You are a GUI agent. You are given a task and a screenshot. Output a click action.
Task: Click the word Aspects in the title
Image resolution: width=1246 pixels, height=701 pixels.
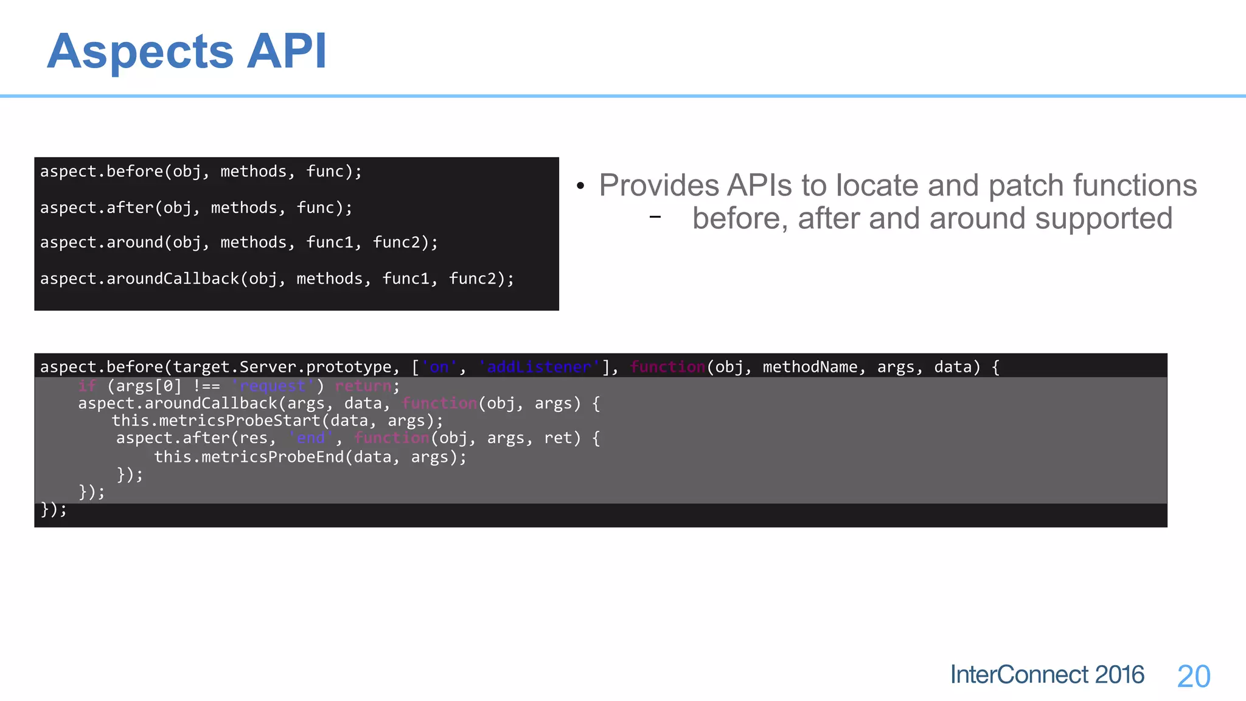tap(140, 52)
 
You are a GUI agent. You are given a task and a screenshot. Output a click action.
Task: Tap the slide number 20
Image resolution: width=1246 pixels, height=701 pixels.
tap(1193, 677)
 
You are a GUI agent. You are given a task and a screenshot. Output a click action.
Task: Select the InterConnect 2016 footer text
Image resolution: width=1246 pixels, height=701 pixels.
tap(1046, 675)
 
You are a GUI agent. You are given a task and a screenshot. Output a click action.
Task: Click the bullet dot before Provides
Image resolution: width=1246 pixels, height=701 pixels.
tap(580, 186)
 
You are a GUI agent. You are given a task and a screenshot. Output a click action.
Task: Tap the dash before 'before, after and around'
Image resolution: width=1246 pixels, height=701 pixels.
tap(655, 217)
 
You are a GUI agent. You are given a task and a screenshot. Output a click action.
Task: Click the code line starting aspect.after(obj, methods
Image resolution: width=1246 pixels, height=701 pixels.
tap(196, 208)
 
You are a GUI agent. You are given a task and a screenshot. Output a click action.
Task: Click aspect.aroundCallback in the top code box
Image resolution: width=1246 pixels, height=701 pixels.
tap(140, 279)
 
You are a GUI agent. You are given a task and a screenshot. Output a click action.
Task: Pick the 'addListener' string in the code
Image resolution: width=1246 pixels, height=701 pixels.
tap(539, 367)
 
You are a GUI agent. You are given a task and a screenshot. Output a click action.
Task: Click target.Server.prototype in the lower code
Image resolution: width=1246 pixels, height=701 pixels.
tap(282, 367)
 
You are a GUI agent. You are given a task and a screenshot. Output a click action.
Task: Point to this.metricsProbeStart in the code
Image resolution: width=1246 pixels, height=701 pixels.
tap(215, 420)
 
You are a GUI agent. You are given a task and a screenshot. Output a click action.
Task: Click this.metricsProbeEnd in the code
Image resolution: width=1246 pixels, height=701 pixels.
tap(249, 457)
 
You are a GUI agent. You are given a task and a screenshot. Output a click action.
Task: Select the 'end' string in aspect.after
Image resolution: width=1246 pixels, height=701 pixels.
tap(311, 438)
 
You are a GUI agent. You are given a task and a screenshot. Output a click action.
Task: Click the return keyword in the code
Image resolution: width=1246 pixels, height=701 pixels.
tap(363, 386)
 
